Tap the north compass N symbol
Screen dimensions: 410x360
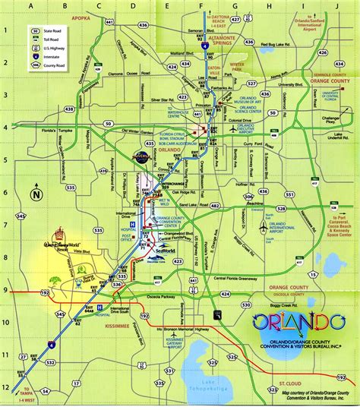click(x=35, y=194)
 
